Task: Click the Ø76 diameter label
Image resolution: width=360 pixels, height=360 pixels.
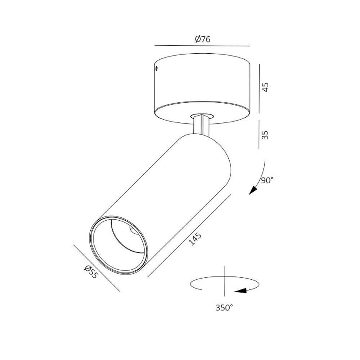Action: (202, 39)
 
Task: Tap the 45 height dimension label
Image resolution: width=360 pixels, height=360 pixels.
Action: (265, 87)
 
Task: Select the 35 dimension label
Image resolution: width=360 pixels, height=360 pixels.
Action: (265, 135)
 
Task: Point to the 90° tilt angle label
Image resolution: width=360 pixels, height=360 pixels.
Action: (267, 180)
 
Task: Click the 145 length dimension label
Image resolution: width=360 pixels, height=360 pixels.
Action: (195, 239)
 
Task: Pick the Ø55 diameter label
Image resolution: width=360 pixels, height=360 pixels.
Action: (91, 271)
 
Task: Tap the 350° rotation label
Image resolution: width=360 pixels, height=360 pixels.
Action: (224, 307)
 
